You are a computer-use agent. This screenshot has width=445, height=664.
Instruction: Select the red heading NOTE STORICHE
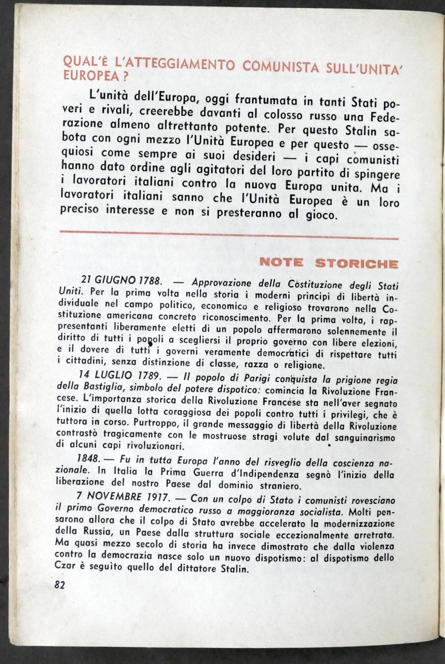coord(329,262)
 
